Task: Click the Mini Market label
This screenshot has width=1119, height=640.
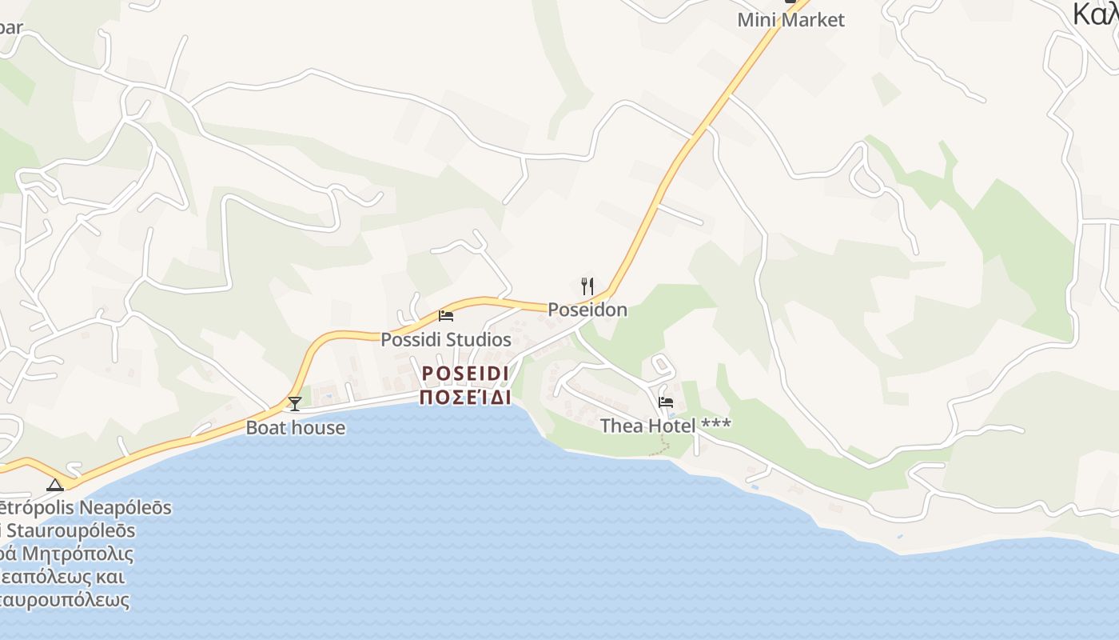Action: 790,20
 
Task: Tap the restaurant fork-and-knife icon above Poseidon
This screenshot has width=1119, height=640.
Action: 587,286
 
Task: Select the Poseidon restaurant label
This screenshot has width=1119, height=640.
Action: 587,310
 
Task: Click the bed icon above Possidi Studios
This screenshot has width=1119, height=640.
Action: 446,316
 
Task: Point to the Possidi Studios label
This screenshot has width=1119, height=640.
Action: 445,339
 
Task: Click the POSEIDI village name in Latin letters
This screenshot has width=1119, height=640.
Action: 465,374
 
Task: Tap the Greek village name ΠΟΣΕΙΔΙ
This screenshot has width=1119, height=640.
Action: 465,397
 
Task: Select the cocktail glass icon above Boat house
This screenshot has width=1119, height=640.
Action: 295,404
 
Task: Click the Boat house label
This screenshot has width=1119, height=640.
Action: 296,427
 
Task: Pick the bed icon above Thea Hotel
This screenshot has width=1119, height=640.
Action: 666,402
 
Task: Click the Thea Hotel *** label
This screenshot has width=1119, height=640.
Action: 665,426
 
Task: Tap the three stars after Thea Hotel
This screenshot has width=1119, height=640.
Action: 715,424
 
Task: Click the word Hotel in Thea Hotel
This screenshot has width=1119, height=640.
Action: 671,426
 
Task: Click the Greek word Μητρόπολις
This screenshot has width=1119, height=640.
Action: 78,554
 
